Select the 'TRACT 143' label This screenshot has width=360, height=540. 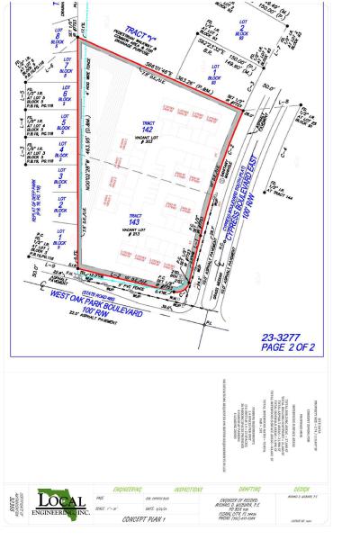[x=136, y=220]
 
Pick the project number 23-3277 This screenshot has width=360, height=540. [x=286, y=336]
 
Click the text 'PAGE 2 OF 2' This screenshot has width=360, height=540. [x=287, y=346]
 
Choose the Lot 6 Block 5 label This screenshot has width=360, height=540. [x=64, y=94]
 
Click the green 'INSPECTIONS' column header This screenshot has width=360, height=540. [x=189, y=489]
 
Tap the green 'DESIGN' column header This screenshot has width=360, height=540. [x=301, y=489]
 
